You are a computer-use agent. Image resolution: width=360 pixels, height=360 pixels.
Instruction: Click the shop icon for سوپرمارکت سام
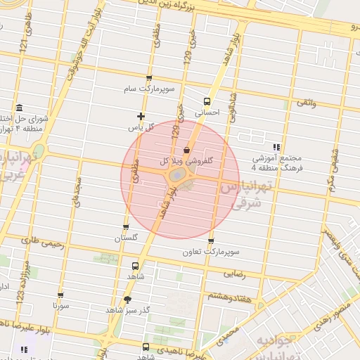pyautogui.click(x=148, y=78)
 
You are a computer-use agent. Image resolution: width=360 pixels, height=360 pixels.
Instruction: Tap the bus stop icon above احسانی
pyautogui.click(x=207, y=101)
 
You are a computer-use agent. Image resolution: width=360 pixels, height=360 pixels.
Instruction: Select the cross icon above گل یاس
pyautogui.click(x=141, y=116)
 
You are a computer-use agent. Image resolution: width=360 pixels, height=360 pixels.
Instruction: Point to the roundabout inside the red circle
pyautogui.click(x=179, y=174)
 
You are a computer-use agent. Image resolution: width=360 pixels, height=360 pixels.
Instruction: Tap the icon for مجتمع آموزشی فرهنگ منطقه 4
pyautogui.click(x=276, y=147)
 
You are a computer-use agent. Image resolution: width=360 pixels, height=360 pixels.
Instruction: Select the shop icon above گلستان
pyautogui.click(x=126, y=226)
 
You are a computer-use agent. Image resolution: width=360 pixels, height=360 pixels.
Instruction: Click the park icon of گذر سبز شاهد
pyautogui.click(x=127, y=299)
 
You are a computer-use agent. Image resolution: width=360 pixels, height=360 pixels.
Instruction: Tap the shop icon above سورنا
pyautogui.click(x=60, y=295)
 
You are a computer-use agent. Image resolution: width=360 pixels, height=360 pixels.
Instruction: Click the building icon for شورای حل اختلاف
pyautogui.click(x=18, y=108)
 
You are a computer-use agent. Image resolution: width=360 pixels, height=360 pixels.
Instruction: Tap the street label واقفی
pyautogui.click(x=307, y=103)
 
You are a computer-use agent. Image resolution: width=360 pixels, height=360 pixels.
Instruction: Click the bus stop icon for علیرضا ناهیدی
pyautogui.click(x=146, y=347)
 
